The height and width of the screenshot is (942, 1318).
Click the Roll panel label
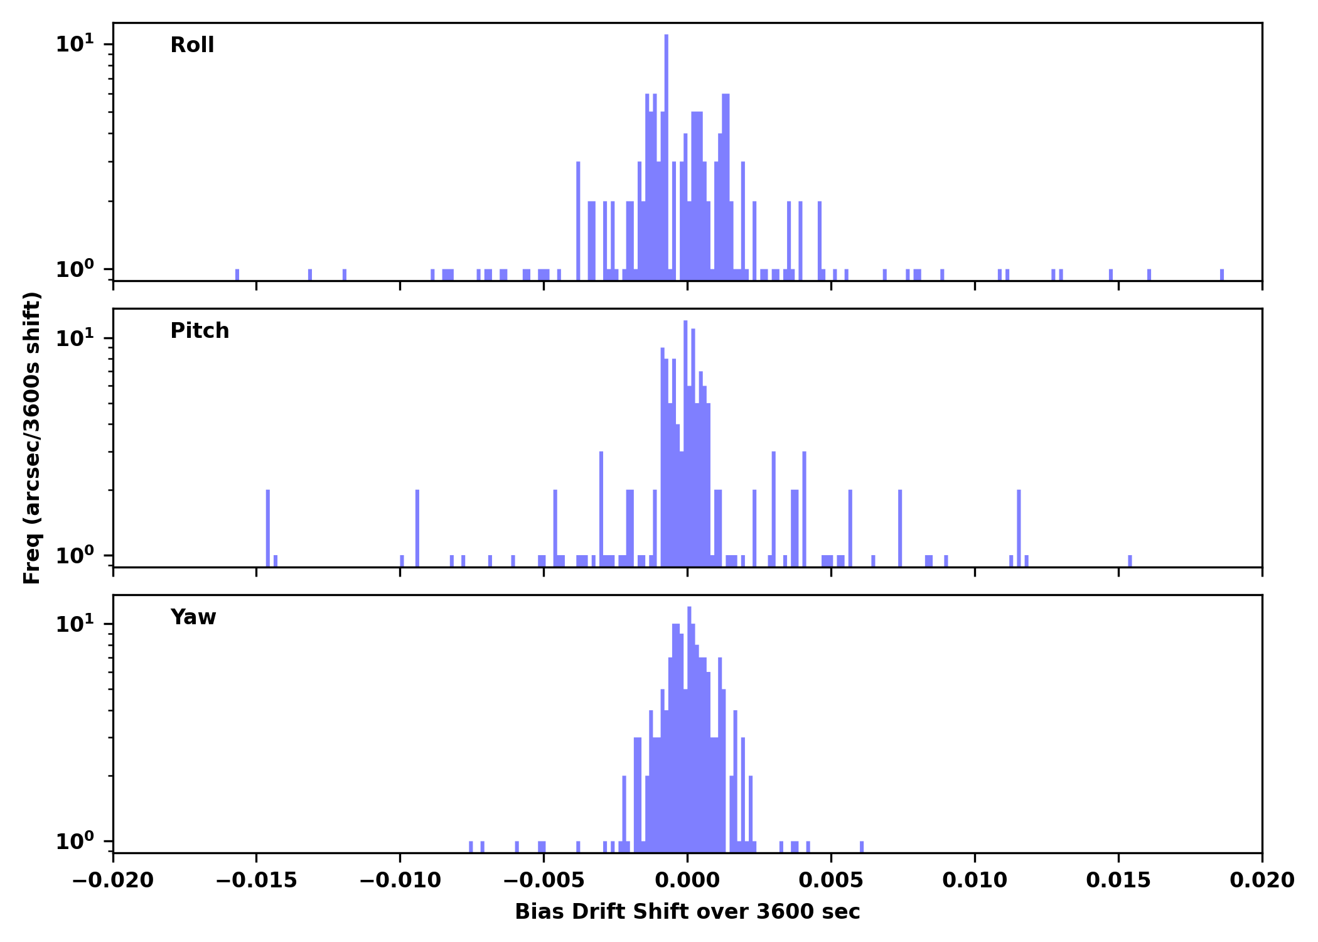point(192,45)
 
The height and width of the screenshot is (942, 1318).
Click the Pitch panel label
point(200,331)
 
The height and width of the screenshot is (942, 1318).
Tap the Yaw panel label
point(193,617)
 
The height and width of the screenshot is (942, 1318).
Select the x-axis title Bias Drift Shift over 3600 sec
point(687,912)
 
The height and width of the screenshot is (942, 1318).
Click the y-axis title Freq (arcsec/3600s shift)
point(32,438)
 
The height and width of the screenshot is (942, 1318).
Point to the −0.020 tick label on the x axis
point(113,880)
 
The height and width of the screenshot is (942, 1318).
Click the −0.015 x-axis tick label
point(256,880)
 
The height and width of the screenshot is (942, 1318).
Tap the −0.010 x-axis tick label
point(400,880)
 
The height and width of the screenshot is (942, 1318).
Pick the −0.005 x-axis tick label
point(544,880)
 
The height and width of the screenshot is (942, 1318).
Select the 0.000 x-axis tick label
point(687,880)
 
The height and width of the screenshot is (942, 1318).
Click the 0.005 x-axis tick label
point(831,880)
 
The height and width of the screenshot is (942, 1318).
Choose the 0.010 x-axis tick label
point(975,880)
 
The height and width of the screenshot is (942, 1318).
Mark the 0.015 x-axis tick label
point(1118,880)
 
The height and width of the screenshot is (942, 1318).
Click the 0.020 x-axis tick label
point(1262,880)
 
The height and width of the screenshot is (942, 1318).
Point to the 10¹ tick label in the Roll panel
point(75,44)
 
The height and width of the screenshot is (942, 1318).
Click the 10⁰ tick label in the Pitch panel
point(75,556)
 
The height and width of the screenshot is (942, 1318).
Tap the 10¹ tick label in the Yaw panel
point(75,624)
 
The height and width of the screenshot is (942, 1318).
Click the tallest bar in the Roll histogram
point(667,157)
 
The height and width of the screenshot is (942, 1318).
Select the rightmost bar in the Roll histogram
point(1222,275)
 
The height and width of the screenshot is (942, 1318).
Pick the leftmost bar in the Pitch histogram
point(268,528)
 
